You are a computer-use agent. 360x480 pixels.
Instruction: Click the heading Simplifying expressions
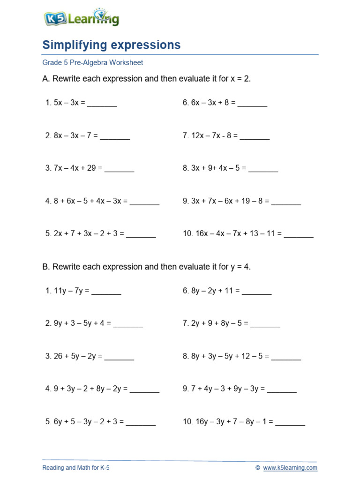pyautogui.click(x=111, y=45)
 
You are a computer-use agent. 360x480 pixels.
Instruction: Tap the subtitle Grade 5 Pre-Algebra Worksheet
pyautogui.click(x=92, y=62)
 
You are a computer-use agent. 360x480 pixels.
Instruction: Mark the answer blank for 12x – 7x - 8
pyautogui.click(x=255, y=136)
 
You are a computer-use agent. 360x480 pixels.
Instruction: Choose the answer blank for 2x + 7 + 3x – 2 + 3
pyautogui.click(x=141, y=233)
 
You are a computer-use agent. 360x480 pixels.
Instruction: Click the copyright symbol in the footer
pyautogui.click(x=258, y=468)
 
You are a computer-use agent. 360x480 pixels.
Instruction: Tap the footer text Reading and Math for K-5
pyautogui.click(x=76, y=468)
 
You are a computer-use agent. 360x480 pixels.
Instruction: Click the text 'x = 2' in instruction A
pyautogui.click(x=240, y=79)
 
